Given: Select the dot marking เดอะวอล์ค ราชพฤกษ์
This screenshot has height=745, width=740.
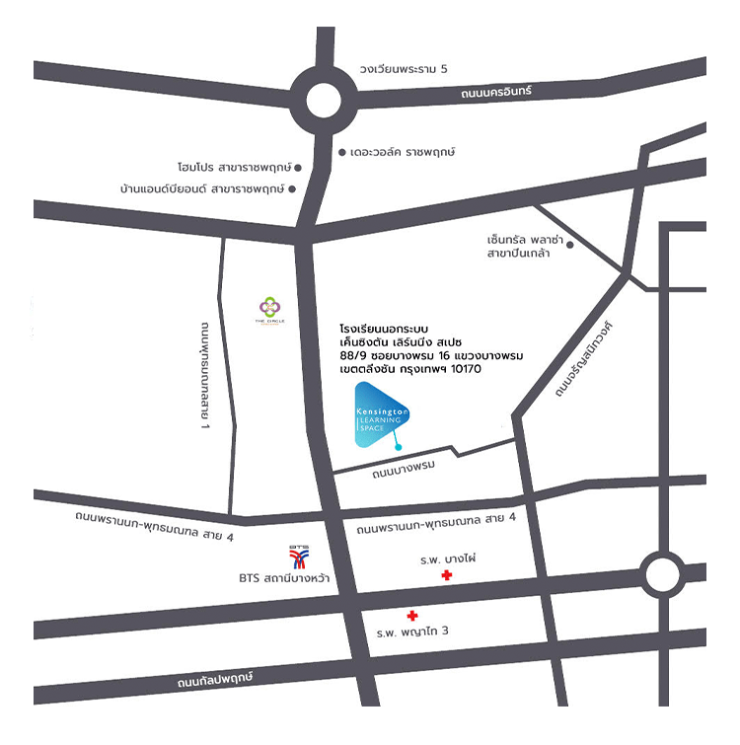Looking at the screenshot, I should click(x=342, y=153).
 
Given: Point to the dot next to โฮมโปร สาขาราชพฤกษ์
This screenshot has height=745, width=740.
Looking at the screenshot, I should click(x=299, y=168).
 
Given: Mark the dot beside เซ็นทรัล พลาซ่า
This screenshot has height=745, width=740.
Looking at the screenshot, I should click(x=569, y=244).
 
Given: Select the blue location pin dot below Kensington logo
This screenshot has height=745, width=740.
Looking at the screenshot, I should click(x=398, y=448).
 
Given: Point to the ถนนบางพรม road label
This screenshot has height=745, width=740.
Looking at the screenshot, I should click(x=404, y=471).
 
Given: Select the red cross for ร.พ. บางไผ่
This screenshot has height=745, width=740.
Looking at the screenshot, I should click(x=447, y=575).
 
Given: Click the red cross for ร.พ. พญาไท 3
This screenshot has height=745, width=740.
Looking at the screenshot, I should click(x=412, y=616).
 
